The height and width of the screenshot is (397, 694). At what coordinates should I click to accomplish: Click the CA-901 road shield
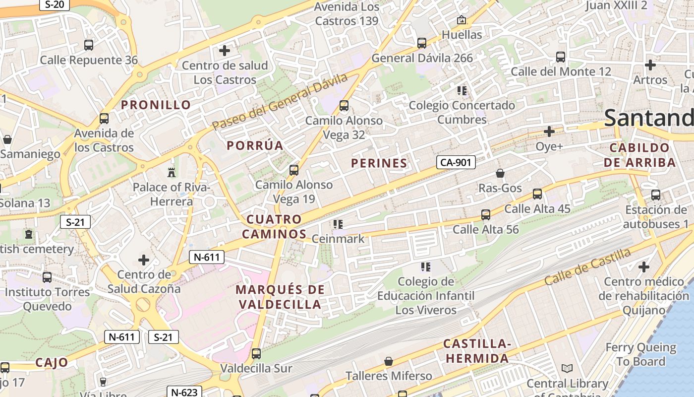point(456,162)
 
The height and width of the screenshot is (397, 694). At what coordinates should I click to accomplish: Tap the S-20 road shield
point(55,4)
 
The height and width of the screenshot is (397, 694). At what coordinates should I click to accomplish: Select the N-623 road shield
point(184,392)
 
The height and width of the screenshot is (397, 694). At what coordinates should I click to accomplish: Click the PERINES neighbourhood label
point(379,163)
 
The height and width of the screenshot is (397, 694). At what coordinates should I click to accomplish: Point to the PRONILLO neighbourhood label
point(156,105)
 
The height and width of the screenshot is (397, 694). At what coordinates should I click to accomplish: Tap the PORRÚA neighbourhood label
point(255,145)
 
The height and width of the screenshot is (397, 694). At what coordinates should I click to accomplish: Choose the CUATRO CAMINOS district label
point(277,226)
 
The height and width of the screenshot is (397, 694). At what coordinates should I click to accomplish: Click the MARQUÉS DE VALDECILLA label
point(280,297)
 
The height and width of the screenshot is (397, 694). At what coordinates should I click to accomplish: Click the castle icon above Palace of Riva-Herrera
point(172,172)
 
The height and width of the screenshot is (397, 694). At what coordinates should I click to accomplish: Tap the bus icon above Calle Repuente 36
point(89,45)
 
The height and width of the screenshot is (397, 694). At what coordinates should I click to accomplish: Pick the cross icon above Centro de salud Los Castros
point(225,51)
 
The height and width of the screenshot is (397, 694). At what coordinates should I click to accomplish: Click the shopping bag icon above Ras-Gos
point(500,173)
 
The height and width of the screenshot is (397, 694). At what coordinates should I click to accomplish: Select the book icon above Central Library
point(567,369)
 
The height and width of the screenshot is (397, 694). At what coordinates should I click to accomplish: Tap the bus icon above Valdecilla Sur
point(256,354)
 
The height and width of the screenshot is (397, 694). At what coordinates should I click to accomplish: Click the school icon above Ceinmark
point(338,224)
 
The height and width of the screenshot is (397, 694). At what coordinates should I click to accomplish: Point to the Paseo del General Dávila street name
point(280,101)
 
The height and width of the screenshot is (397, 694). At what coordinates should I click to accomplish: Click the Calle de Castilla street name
point(587,266)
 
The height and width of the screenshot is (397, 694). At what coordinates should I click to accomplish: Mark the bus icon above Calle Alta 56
point(486,215)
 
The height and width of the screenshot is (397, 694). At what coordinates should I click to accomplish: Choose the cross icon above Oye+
point(549,132)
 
